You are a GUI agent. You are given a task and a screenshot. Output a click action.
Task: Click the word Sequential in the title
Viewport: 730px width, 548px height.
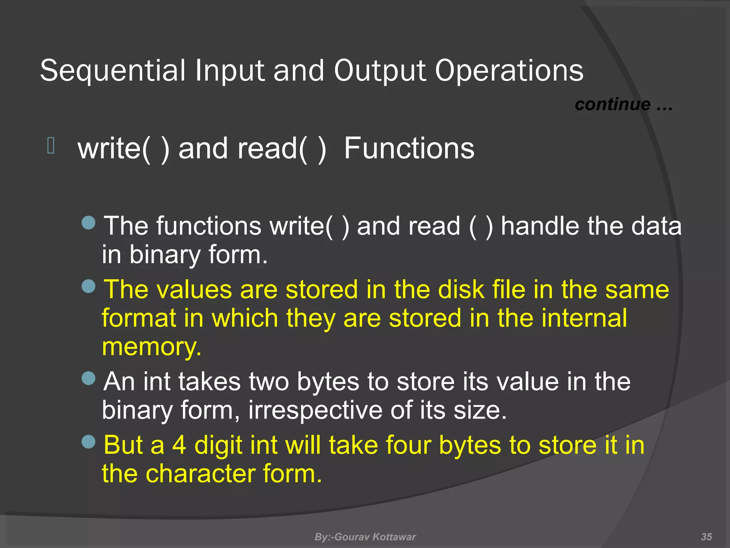[x=113, y=71]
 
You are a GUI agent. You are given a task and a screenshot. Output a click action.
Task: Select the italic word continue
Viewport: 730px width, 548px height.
[x=612, y=104]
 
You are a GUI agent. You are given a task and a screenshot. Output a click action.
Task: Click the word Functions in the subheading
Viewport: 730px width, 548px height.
[x=409, y=148]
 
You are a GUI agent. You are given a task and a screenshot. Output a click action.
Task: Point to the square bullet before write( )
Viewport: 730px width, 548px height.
[x=51, y=146]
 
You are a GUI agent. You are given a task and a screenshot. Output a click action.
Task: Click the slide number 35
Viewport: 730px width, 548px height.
[x=706, y=537]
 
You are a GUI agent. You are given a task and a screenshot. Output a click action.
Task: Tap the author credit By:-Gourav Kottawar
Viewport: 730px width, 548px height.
[x=365, y=537]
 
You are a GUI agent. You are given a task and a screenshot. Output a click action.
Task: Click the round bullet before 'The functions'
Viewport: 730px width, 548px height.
[x=88, y=223]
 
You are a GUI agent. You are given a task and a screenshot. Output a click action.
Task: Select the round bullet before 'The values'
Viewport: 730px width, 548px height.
[x=88, y=286]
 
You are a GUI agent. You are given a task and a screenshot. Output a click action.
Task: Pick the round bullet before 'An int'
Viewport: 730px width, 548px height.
[x=88, y=378]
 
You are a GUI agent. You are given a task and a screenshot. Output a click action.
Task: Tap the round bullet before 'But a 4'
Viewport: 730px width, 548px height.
[x=88, y=442]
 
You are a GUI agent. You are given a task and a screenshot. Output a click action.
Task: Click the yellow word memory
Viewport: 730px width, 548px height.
[x=151, y=347]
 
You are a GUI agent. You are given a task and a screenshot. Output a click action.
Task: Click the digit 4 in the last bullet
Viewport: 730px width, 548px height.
[x=179, y=445]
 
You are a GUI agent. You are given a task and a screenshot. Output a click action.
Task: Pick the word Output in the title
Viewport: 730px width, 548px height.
[x=380, y=71]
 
